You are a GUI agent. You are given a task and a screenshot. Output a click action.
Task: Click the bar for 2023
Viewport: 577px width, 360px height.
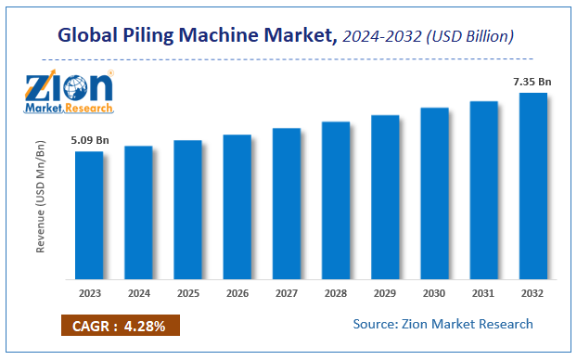pyautogui.click(x=89, y=215)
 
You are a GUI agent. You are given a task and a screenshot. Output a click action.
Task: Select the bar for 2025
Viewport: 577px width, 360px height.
pyautogui.click(x=187, y=210)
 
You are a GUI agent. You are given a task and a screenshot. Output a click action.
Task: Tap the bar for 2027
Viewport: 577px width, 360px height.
pyautogui.click(x=286, y=203)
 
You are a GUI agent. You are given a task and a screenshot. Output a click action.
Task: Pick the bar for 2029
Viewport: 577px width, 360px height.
pyautogui.click(x=385, y=197)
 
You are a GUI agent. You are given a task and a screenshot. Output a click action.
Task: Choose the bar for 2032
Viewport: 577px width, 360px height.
pyautogui.click(x=532, y=186)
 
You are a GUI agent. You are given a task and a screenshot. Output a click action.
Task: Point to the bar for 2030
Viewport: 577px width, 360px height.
pyautogui.click(x=434, y=193)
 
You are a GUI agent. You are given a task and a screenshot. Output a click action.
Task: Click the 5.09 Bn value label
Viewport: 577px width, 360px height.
pyautogui.click(x=90, y=140)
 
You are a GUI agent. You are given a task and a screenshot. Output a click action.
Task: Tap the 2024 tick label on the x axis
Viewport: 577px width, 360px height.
pyautogui.click(x=138, y=293)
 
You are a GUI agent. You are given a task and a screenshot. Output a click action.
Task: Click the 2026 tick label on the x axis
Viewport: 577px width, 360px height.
pyautogui.click(x=237, y=293)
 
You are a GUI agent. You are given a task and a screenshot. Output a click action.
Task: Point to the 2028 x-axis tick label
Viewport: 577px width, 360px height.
pyautogui.click(x=335, y=293)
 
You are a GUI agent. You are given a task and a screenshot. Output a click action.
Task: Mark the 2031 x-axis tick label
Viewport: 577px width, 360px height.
pyautogui.click(x=483, y=293)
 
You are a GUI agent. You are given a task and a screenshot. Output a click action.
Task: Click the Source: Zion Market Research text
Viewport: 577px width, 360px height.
pyautogui.click(x=442, y=324)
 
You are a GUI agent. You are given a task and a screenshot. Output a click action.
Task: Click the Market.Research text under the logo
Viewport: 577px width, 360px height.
pyautogui.click(x=70, y=108)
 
